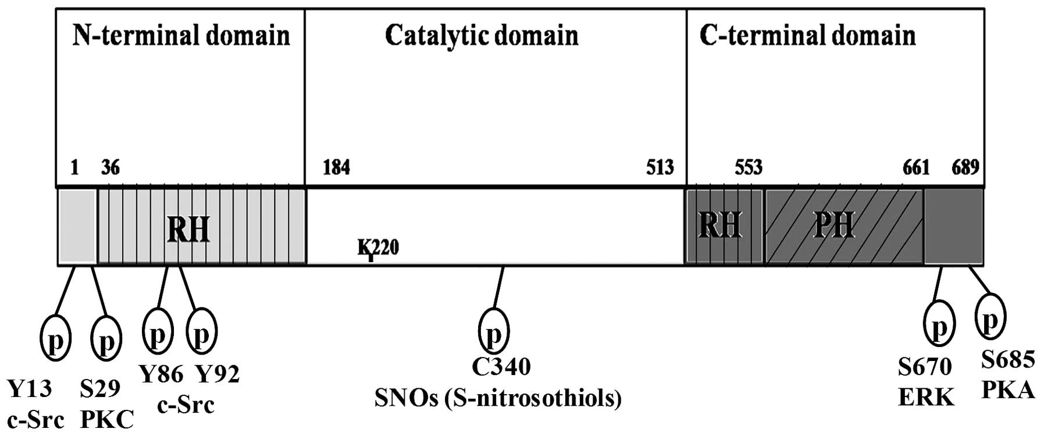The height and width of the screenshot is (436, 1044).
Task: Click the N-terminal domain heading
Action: [x=181, y=36]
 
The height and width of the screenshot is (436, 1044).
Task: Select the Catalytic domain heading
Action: [x=482, y=36]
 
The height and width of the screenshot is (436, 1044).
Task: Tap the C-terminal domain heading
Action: [x=807, y=36]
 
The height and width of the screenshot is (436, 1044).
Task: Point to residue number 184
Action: [x=336, y=168]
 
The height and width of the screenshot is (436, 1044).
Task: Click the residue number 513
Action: [x=660, y=168]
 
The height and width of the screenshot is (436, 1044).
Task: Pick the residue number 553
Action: [x=748, y=168]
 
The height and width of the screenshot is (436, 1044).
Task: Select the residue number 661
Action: [x=916, y=168]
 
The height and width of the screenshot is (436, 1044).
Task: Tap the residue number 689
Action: [x=965, y=168]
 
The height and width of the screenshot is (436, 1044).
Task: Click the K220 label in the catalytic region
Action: [x=378, y=248]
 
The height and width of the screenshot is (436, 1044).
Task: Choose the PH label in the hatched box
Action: [x=834, y=224]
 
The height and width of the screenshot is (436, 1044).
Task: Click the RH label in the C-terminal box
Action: [x=720, y=224]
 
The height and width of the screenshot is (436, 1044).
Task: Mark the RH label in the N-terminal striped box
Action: [x=188, y=230]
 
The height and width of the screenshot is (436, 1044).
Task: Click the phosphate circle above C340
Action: [x=493, y=330]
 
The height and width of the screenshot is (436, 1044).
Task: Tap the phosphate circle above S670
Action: [x=939, y=324]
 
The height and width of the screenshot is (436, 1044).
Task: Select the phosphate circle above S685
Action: [x=990, y=316]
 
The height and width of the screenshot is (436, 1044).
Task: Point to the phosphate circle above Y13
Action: [x=55, y=339]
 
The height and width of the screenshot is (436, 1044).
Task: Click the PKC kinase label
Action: [x=106, y=419]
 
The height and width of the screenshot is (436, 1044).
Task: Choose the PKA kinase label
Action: [x=1008, y=389]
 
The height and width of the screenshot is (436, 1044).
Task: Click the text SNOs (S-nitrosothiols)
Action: [x=498, y=398]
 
